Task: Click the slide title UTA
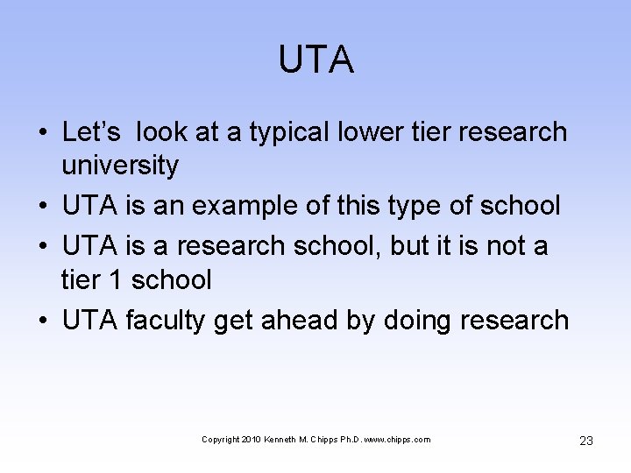pos(315,60)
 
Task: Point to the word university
pos(120,165)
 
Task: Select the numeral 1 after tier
pos(117,280)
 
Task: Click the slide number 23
pos(586,441)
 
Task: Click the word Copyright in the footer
pos(218,440)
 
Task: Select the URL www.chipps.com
pos(397,440)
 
